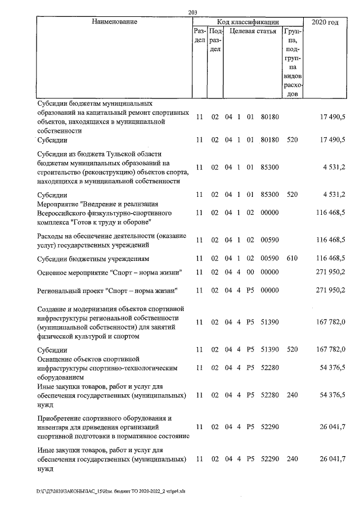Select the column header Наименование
pyautogui.click(x=115, y=22)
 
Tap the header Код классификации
pyautogui.click(x=247, y=22)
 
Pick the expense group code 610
pyautogui.click(x=291, y=259)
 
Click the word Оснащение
pyautogui.click(x=57, y=358)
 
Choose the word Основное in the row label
pyautogui.click(x=54, y=273)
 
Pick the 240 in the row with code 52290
pyautogui.click(x=291, y=460)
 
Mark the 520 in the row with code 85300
pyautogui.click(x=291, y=195)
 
